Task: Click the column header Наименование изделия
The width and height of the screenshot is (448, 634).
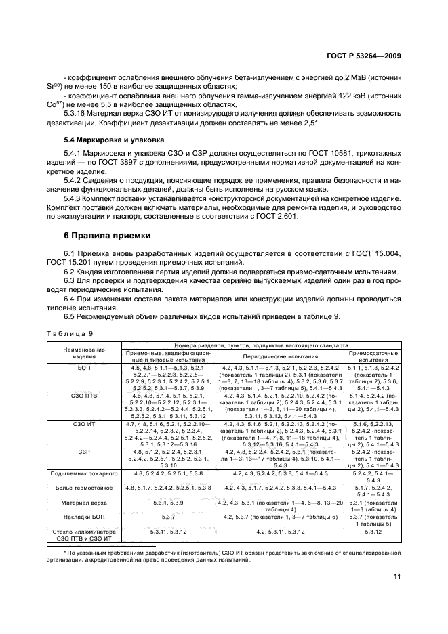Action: pos(85,353)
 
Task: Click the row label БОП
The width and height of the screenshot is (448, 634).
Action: pos(85,366)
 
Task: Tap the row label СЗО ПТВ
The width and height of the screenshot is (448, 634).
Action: pos(85,394)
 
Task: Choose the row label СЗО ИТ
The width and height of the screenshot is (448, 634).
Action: pos(85,423)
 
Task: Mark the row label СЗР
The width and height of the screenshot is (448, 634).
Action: pos(85,450)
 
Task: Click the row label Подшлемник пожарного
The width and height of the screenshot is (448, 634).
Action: pos(85,473)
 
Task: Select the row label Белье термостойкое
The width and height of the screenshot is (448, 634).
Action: pos(85,487)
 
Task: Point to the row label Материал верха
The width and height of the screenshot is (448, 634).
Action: pos(85,503)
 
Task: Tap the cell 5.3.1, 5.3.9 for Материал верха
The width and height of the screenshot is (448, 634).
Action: pos(169,503)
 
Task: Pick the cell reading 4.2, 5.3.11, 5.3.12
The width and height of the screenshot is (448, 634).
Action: pos(278,533)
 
